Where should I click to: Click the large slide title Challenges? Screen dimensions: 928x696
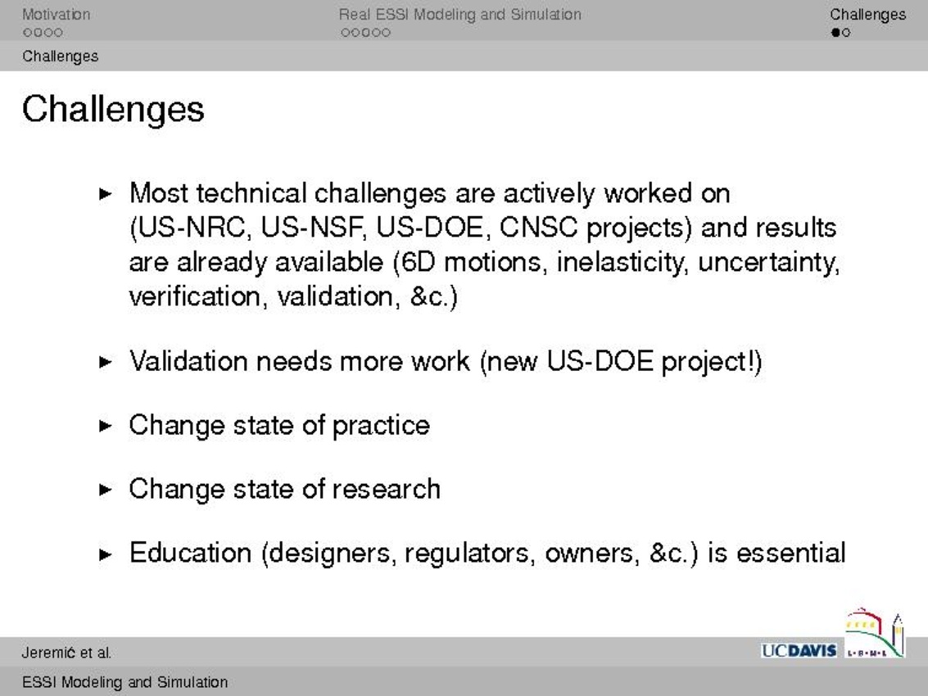coord(113,110)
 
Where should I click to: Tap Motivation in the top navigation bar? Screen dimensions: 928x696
coord(57,14)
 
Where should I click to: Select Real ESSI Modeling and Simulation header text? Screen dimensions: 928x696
coord(459,14)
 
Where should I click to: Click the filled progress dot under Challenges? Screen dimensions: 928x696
coord(835,33)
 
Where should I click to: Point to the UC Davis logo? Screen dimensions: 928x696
coord(799,650)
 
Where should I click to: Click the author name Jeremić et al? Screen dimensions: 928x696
coord(66,653)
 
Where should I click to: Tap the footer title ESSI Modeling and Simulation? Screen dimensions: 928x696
coord(124,682)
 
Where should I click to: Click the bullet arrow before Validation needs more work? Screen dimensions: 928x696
coord(106,362)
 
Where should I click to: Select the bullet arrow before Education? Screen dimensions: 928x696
coord(106,554)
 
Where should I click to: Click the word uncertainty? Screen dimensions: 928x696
coord(769,262)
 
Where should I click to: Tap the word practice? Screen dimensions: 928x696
coord(381,426)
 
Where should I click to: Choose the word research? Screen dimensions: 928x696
coord(387,489)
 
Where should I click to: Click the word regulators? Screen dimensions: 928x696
coord(470,554)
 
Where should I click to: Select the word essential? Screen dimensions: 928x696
coord(790,553)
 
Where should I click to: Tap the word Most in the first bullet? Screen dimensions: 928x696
coord(159,193)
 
